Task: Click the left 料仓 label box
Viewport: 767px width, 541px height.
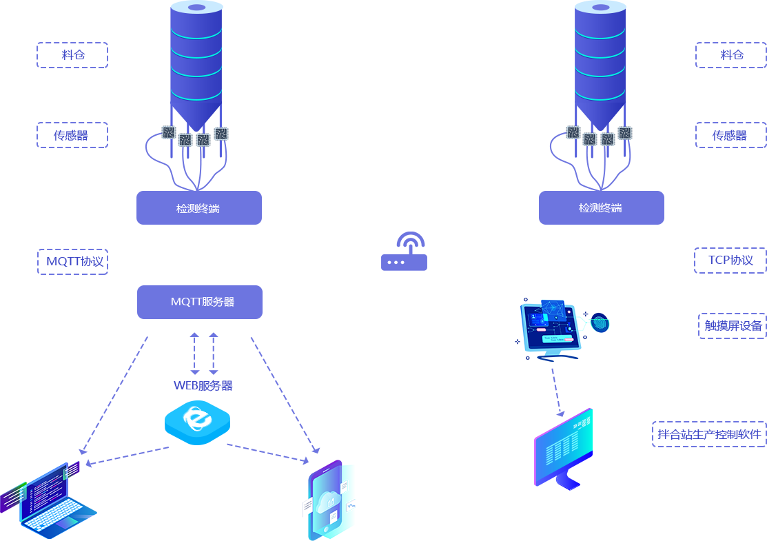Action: pyautogui.click(x=72, y=55)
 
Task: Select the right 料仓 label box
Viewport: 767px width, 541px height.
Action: pyautogui.click(x=730, y=55)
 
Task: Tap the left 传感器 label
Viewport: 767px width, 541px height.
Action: pyautogui.click(x=72, y=134)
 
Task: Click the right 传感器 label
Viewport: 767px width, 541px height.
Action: pyautogui.click(x=730, y=134)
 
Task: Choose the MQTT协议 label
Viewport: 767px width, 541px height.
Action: pyautogui.click(x=73, y=261)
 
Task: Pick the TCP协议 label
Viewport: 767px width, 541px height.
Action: pyautogui.click(x=729, y=260)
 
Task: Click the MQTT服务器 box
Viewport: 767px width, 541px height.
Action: pyautogui.click(x=200, y=302)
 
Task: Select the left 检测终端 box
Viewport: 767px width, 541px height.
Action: pyautogui.click(x=198, y=208)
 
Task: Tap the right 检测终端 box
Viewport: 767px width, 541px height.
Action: pyautogui.click(x=601, y=208)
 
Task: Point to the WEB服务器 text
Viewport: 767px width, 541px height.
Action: pyautogui.click(x=203, y=385)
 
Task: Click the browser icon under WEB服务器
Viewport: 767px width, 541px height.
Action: pyautogui.click(x=197, y=421)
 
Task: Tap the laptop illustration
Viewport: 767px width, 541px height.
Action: pyautogui.click(x=48, y=500)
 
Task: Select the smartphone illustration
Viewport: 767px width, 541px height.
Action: pyautogui.click(x=329, y=500)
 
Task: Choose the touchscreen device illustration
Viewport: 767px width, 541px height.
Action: pyautogui.click(x=562, y=329)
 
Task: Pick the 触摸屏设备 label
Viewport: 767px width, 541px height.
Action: pyautogui.click(x=731, y=325)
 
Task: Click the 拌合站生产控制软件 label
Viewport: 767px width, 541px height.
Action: pyautogui.click(x=708, y=434)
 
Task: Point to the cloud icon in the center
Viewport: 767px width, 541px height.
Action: pyautogui.click(x=405, y=252)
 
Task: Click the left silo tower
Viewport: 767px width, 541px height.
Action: pyautogui.click(x=196, y=62)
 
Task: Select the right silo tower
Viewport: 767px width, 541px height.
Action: pyautogui.click(x=600, y=62)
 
